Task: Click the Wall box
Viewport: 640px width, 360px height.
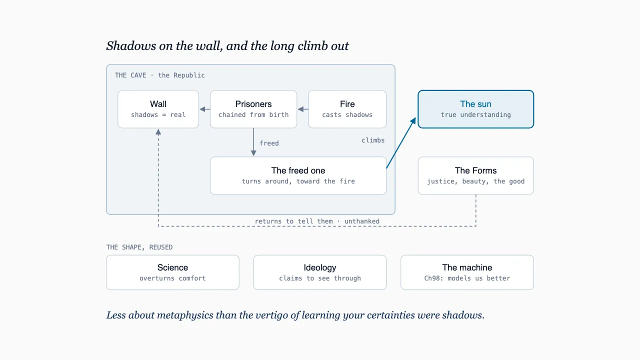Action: click(x=158, y=109)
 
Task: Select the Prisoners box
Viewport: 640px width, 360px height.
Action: click(x=253, y=109)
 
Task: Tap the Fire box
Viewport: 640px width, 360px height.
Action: click(x=347, y=109)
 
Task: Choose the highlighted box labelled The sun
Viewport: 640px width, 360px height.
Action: click(x=475, y=109)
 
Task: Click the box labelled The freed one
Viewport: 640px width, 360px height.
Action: click(x=298, y=175)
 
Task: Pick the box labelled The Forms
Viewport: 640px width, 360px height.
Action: click(x=475, y=175)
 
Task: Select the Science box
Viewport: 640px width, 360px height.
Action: click(x=172, y=272)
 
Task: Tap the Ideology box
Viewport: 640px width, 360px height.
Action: click(x=320, y=272)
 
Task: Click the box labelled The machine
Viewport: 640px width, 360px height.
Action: click(x=467, y=272)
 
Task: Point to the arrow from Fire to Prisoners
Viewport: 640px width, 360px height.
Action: click(x=303, y=109)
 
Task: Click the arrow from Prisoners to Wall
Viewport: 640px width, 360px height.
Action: click(x=205, y=109)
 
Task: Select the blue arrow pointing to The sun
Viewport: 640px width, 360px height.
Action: click(x=401, y=142)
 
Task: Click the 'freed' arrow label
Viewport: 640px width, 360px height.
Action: click(x=269, y=143)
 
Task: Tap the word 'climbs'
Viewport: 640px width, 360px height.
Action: click(x=373, y=140)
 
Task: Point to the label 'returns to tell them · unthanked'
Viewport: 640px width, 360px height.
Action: click(x=317, y=221)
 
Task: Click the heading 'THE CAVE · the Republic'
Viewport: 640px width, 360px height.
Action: click(x=159, y=75)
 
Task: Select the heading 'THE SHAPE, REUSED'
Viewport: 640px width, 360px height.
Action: click(x=139, y=247)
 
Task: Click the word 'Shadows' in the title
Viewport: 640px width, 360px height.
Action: click(x=131, y=45)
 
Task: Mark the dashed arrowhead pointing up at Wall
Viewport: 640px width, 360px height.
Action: click(x=158, y=131)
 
